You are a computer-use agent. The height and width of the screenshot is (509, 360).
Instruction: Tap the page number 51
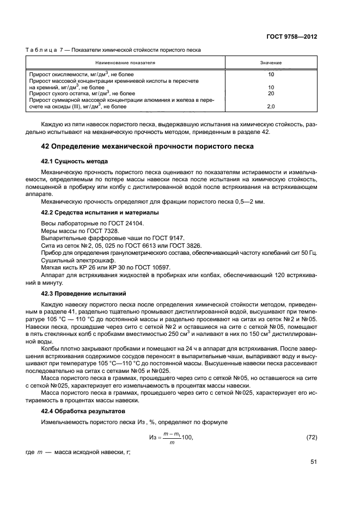(x=314, y=462)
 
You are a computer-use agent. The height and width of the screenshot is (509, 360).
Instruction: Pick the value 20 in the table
(x=271, y=93)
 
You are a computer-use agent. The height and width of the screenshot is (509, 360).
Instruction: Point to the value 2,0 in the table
(x=271, y=106)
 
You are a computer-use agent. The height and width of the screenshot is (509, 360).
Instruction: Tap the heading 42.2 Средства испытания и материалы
(x=100, y=212)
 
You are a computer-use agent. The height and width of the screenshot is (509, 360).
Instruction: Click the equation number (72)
(x=310, y=437)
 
